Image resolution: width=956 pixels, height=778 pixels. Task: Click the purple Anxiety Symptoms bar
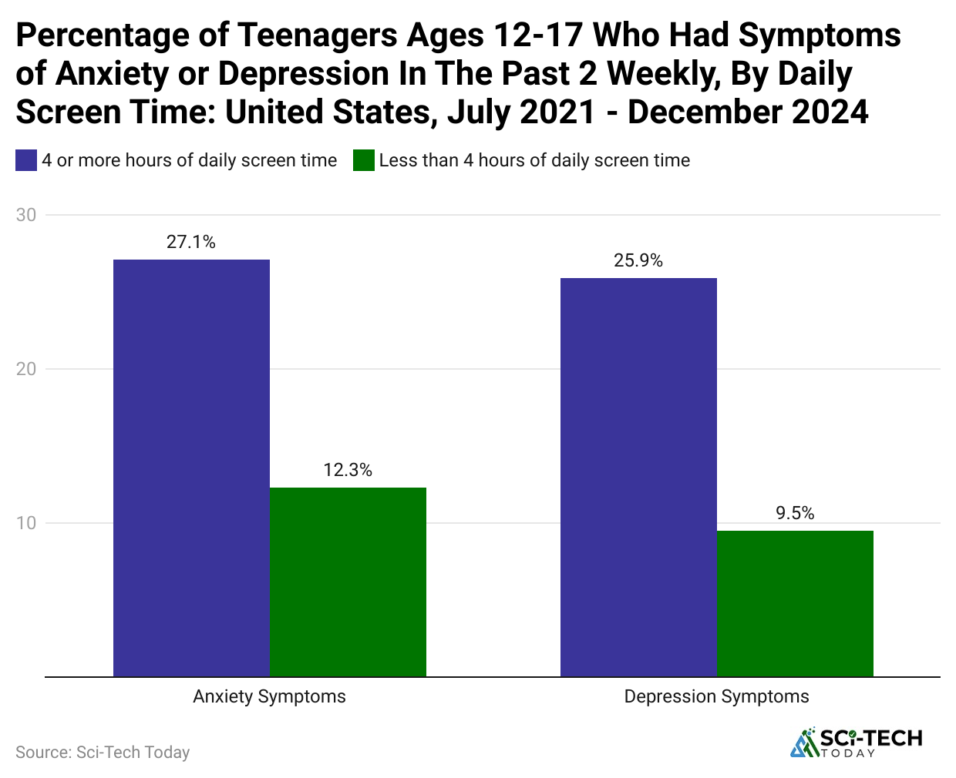coord(191,468)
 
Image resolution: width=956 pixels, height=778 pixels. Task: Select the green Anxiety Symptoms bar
coord(348,582)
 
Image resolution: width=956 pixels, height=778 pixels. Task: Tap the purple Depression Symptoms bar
coord(638,477)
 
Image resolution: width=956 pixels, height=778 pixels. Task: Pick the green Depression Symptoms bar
coord(795,603)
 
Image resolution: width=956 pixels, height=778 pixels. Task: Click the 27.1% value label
coord(191,242)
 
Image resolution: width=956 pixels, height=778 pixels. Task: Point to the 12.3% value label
coord(348,470)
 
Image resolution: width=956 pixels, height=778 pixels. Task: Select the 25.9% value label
coord(638,260)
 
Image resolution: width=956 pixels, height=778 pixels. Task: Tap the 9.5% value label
coord(795,513)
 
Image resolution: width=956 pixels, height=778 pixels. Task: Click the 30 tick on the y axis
coord(26,215)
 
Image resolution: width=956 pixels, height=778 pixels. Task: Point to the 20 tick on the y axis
coord(26,369)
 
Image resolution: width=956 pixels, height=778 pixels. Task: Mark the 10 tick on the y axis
coord(26,523)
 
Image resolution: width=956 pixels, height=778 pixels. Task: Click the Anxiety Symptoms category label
coord(269,696)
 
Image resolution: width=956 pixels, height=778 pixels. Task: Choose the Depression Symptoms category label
coord(716,696)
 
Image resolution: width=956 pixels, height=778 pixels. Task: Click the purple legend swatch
coord(26,160)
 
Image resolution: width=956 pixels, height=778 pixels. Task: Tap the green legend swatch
coord(363,160)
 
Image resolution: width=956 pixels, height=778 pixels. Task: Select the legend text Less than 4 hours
coord(534,160)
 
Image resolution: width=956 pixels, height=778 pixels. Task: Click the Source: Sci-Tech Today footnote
coord(103,752)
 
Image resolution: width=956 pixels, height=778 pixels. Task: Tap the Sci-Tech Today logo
coord(857,742)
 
